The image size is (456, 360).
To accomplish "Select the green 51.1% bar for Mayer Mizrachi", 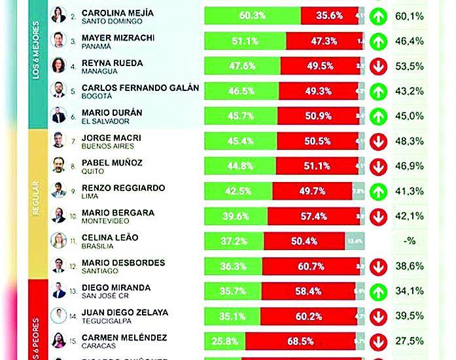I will (x=245, y=41).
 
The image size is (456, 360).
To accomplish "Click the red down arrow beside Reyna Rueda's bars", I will (x=377, y=66).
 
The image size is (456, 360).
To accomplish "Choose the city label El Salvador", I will (x=101, y=121).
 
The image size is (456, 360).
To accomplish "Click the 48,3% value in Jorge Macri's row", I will (x=410, y=141).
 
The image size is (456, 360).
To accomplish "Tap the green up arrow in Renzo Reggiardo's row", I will (x=377, y=190).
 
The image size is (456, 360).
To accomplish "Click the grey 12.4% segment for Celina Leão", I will (x=355, y=240).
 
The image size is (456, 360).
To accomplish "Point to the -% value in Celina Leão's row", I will (x=410, y=241).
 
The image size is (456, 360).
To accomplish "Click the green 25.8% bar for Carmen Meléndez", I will (x=225, y=341).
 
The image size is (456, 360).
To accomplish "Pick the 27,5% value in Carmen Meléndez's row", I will (x=410, y=342).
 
